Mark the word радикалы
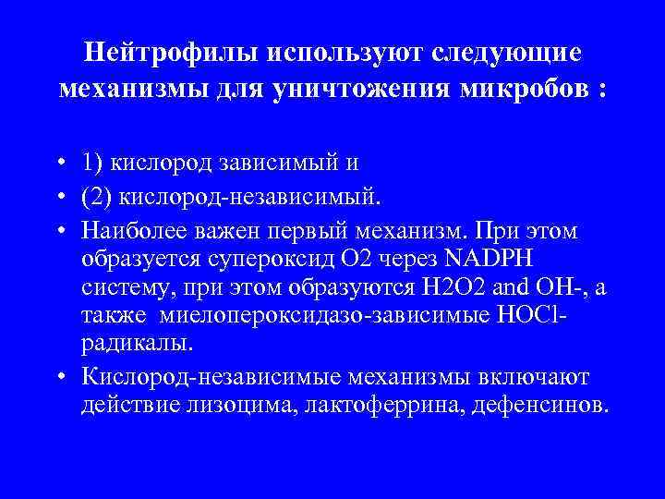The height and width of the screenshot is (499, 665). (138, 345)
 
